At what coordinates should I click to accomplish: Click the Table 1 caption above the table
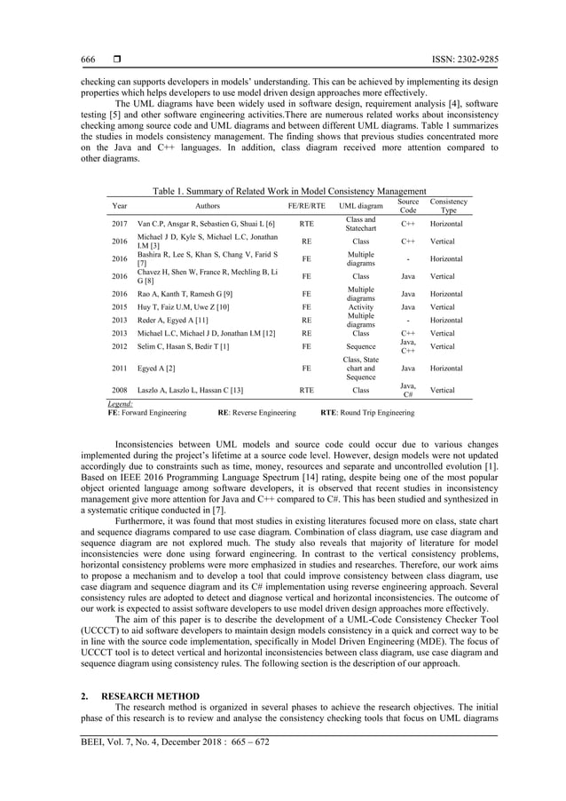[290, 191]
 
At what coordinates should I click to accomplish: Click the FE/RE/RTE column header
[306, 206]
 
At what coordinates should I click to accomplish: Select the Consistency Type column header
[449, 206]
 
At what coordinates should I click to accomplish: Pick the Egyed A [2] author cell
[157, 365]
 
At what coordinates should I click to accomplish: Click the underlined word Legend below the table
[120, 404]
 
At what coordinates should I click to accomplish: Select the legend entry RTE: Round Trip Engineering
[366, 413]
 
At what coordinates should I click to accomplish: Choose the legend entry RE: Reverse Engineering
[256, 413]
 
